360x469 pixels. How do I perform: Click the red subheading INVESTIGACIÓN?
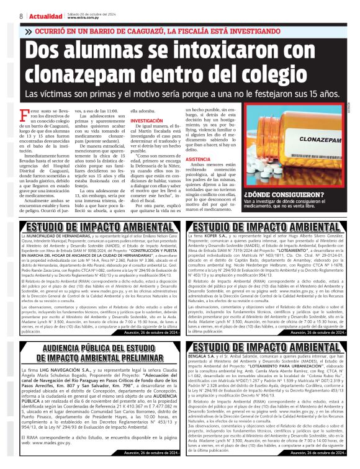click(x=147, y=121)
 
